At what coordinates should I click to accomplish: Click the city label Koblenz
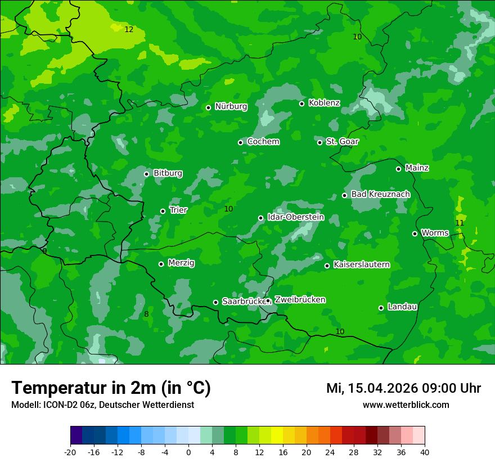pyautogui.click(x=324, y=103)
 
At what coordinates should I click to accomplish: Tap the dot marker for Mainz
pyautogui.click(x=398, y=169)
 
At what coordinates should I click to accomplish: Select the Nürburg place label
pyautogui.click(x=231, y=106)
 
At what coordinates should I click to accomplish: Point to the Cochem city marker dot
pyautogui.click(x=240, y=142)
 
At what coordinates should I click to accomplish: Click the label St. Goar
pyautogui.click(x=342, y=141)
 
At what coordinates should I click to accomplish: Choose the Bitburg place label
pyautogui.click(x=168, y=173)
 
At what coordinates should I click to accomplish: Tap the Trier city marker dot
pyautogui.click(x=163, y=211)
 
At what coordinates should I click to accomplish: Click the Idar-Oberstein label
pyautogui.click(x=295, y=217)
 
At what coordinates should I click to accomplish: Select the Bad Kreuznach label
pyautogui.click(x=380, y=194)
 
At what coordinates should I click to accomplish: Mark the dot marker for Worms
pyautogui.click(x=415, y=234)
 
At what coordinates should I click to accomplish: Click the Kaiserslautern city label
pyautogui.click(x=361, y=264)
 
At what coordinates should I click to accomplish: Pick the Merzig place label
pyautogui.click(x=181, y=263)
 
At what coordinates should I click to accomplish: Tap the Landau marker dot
pyautogui.click(x=381, y=308)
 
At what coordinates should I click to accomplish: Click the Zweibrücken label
pyautogui.click(x=300, y=300)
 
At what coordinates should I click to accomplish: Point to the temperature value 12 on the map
pyautogui.click(x=129, y=29)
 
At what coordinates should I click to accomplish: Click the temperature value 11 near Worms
pyautogui.click(x=460, y=223)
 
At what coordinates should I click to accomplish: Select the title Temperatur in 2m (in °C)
pyautogui.click(x=111, y=388)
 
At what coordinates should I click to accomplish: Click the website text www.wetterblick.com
pyautogui.click(x=406, y=405)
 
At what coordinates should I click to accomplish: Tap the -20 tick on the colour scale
pyautogui.click(x=70, y=452)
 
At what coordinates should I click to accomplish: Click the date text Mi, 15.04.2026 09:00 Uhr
pyautogui.click(x=403, y=388)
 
